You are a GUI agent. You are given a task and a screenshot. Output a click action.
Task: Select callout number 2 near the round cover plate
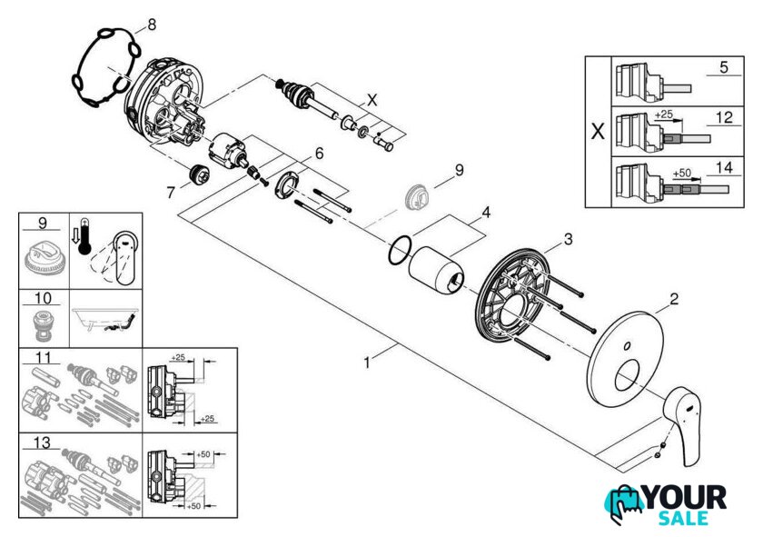[675, 299]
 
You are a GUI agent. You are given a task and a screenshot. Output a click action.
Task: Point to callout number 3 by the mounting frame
[567, 239]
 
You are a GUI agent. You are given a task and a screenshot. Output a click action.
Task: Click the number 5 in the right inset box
[724, 67]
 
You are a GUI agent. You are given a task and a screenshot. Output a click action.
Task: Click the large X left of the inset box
[597, 131]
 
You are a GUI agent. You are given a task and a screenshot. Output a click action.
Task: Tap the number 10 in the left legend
[41, 298]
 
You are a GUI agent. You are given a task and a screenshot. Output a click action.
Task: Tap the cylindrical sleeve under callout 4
[438, 269]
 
